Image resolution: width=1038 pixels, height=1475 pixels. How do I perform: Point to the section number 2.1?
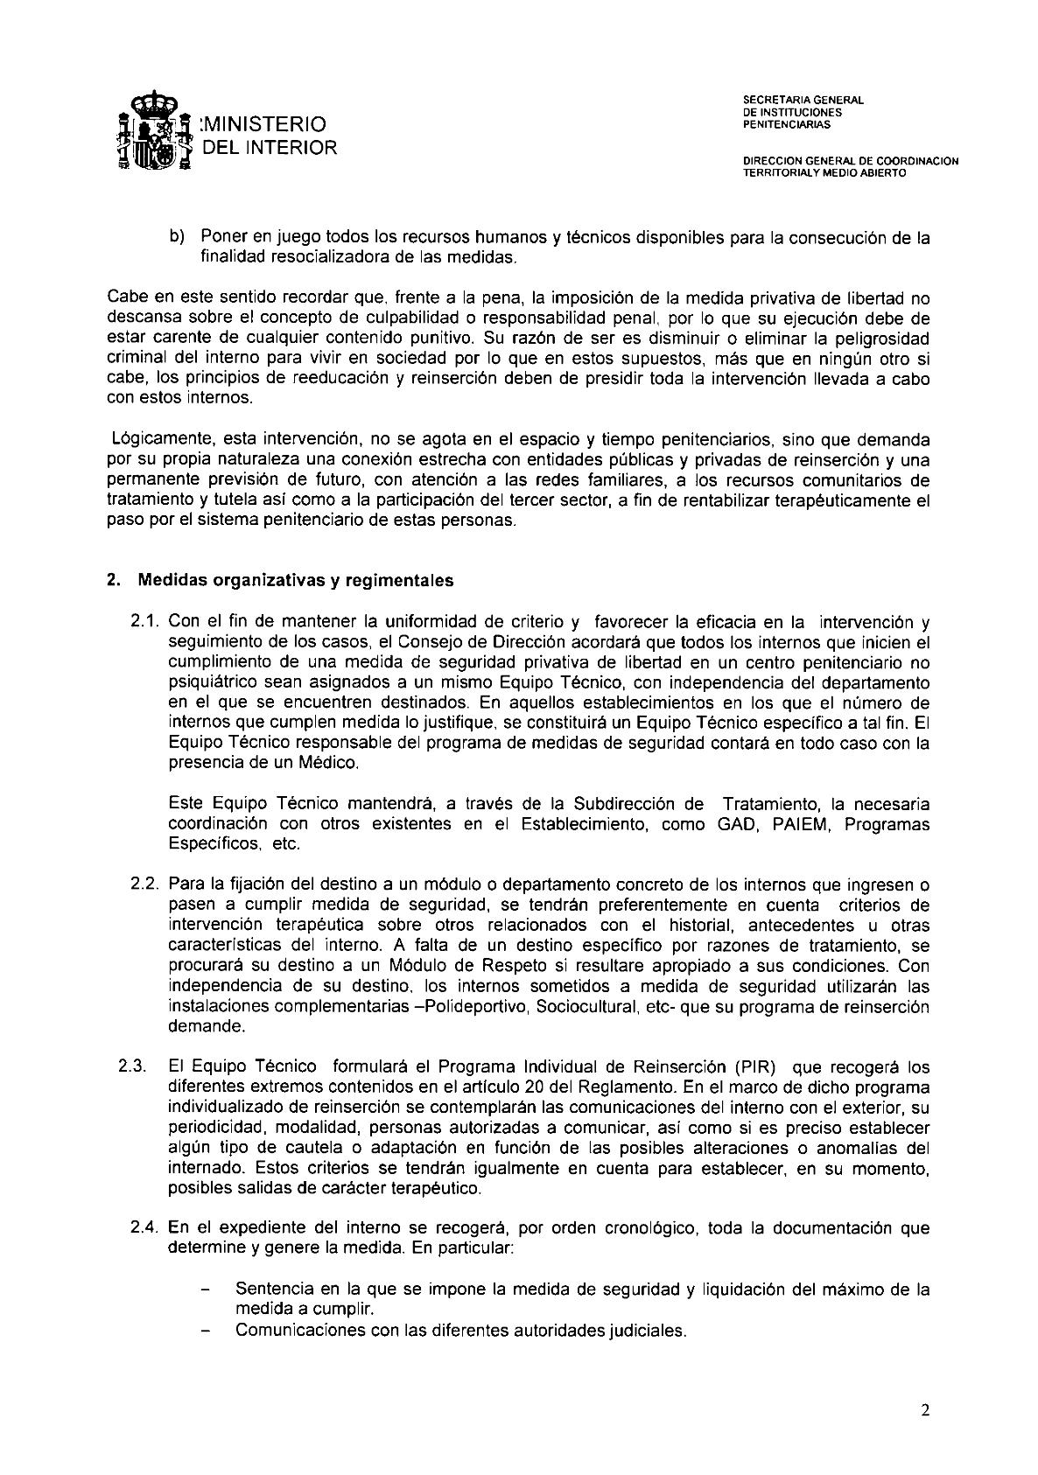tap(145, 622)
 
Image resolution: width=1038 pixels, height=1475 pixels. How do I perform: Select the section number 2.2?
tap(145, 884)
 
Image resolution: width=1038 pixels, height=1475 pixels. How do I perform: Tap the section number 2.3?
tap(133, 1067)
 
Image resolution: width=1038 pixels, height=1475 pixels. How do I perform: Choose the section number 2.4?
tap(145, 1228)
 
